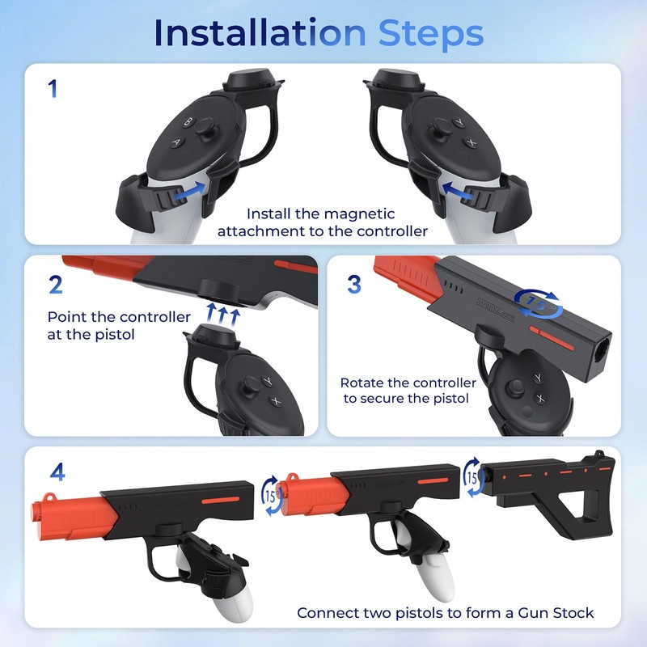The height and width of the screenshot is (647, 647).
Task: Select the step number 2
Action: [x=56, y=284]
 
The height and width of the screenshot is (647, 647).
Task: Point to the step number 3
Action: [x=353, y=284]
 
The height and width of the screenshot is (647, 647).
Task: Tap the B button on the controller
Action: [x=189, y=122]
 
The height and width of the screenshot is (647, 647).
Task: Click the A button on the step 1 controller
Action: [x=175, y=142]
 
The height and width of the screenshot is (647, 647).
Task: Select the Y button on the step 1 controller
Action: [x=459, y=122]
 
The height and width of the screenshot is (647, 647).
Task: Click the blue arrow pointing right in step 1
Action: [x=187, y=190]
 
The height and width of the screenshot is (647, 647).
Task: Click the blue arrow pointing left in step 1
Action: [x=459, y=190]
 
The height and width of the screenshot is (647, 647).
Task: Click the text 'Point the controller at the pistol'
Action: [x=119, y=325]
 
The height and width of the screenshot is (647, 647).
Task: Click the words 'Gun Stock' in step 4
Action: [x=558, y=612]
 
